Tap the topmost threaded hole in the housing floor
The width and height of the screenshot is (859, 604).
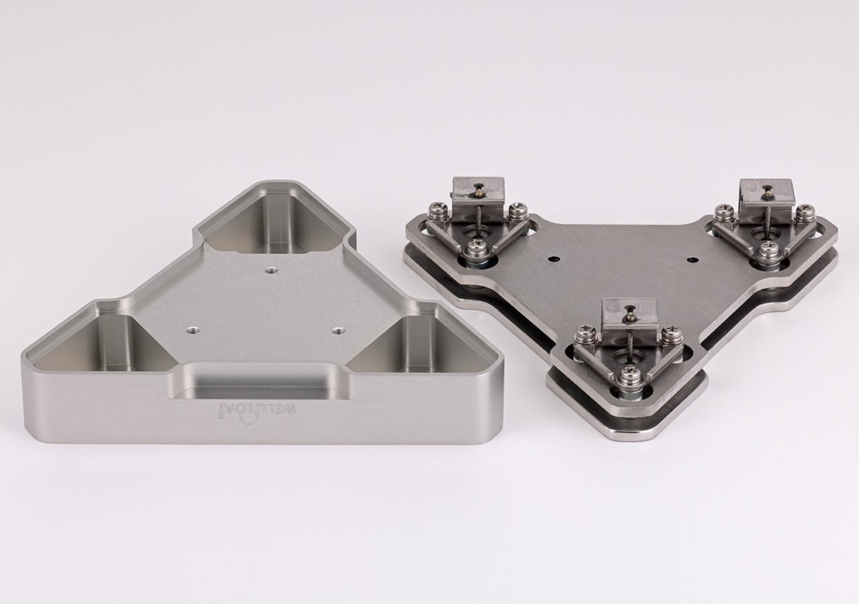(x=270, y=269)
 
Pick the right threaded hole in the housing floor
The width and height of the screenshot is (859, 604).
(x=337, y=330)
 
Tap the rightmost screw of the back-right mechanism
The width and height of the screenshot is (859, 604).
(x=803, y=214)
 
